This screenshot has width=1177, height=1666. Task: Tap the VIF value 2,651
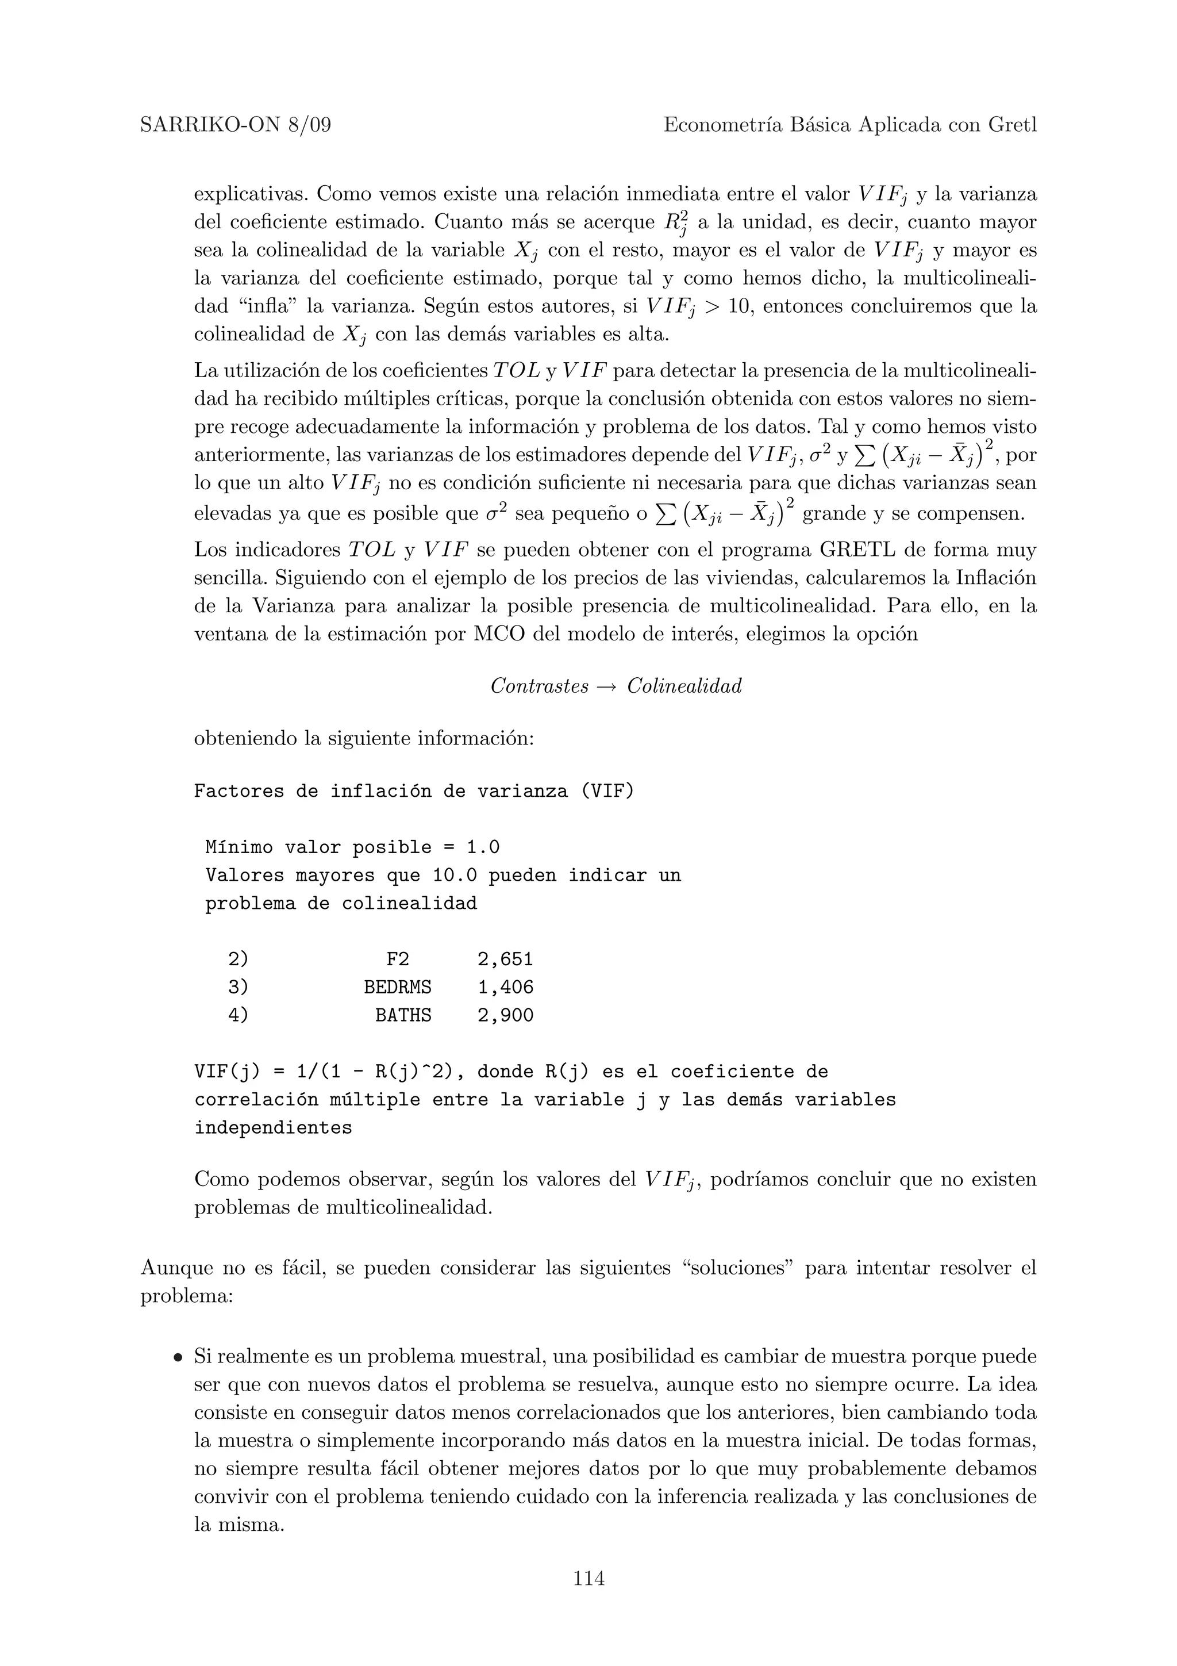[x=505, y=959]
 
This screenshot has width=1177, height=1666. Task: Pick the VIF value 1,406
[x=505, y=988]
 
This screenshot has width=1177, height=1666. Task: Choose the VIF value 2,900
[x=505, y=1015]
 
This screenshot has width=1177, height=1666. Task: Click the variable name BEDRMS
[x=397, y=988]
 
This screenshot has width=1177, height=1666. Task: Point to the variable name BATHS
[x=403, y=1015]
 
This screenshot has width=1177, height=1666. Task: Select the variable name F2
[x=397, y=959]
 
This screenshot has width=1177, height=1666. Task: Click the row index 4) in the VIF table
[x=238, y=1015]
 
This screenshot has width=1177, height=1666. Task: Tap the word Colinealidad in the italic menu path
[x=684, y=686]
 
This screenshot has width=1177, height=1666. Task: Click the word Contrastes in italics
[x=540, y=686]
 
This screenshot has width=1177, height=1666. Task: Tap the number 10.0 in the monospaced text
[x=455, y=875]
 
